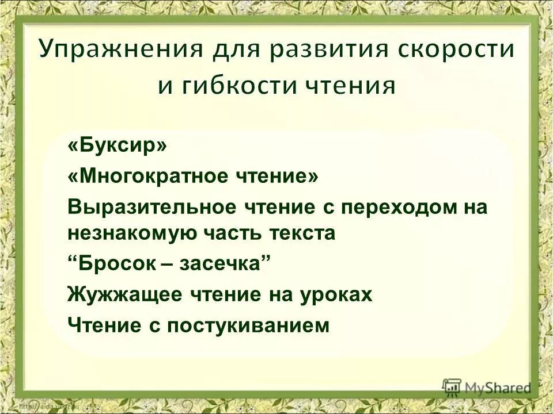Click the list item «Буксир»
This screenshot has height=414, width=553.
117,145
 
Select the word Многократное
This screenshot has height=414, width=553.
145,175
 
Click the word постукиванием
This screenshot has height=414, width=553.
265,325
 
